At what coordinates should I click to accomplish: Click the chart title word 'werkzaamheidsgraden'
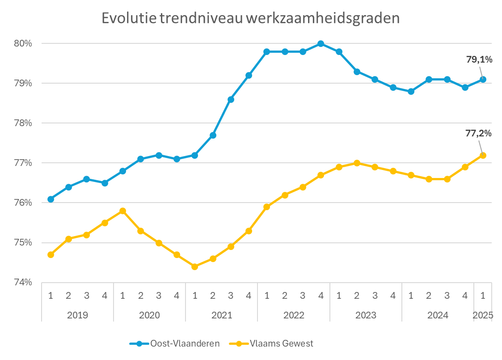pyautogui.click(x=321, y=18)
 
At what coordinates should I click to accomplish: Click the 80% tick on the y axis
pyautogui.click(x=24, y=43)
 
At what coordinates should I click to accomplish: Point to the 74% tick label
pyautogui.click(x=24, y=282)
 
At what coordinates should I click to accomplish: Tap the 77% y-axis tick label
pyautogui.click(x=24, y=163)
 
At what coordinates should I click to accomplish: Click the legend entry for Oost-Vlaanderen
pyautogui.click(x=174, y=343)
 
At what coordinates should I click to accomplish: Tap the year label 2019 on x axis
pyautogui.click(x=77, y=315)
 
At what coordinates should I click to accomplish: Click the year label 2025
pyautogui.click(x=483, y=315)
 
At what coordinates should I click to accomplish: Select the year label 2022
pyautogui.click(x=294, y=315)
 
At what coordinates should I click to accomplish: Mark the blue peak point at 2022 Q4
pyautogui.click(x=321, y=44)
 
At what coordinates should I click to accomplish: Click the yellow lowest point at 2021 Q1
pyautogui.click(x=194, y=267)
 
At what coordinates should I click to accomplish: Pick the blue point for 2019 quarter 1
pyautogui.click(x=51, y=199)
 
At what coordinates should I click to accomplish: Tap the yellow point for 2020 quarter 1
pyautogui.click(x=122, y=211)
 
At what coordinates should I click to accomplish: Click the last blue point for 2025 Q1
pyautogui.click(x=483, y=80)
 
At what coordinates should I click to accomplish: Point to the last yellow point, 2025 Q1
pyautogui.click(x=483, y=155)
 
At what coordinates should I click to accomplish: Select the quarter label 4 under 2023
pyautogui.click(x=393, y=295)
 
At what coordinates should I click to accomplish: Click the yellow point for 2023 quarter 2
pyautogui.click(x=357, y=163)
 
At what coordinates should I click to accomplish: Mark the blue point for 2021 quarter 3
pyautogui.click(x=231, y=99)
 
